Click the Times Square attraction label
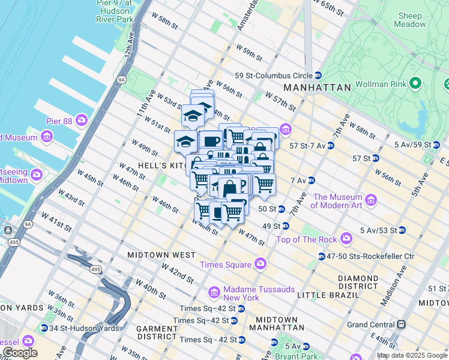point(226,264)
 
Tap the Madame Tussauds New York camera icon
point(214,293)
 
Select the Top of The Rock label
point(307,240)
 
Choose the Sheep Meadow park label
point(409,20)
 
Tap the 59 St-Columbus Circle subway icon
point(318,76)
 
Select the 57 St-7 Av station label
point(307,146)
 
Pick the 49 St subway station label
point(271,226)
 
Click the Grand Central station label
point(369,325)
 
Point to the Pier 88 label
point(59,121)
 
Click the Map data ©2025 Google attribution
point(411,355)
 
